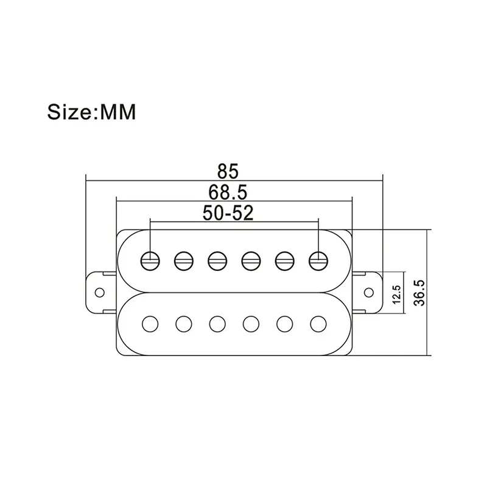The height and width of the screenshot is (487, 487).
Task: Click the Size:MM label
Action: [x=92, y=112]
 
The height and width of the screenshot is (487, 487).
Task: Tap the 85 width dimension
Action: [x=228, y=171]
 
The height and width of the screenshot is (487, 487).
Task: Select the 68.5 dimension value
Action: [x=228, y=192]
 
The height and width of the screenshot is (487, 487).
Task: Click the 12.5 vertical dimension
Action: [x=397, y=294]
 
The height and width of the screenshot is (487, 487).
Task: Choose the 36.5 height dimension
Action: [x=419, y=293]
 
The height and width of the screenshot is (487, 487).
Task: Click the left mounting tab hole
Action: [x=100, y=293]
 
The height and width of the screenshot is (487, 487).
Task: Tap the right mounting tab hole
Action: [x=369, y=293]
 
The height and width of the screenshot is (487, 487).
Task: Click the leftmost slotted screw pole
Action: [x=150, y=261]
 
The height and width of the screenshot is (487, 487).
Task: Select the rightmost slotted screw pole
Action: [x=318, y=261]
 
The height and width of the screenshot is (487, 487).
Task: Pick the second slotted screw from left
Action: [x=184, y=261]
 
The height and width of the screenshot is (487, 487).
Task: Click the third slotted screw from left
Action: [x=217, y=261]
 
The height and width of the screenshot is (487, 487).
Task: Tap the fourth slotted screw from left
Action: [x=251, y=261]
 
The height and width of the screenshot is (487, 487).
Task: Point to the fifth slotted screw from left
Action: [x=284, y=261]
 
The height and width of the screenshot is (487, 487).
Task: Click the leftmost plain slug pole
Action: [x=150, y=324]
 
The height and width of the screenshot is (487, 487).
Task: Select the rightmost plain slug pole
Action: [x=318, y=324]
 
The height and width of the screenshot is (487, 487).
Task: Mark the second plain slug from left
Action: [x=184, y=324]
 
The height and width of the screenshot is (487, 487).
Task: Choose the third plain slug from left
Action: [x=217, y=324]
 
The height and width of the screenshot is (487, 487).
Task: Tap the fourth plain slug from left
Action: [x=251, y=324]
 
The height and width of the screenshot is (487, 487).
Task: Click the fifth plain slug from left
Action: [x=284, y=324]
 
